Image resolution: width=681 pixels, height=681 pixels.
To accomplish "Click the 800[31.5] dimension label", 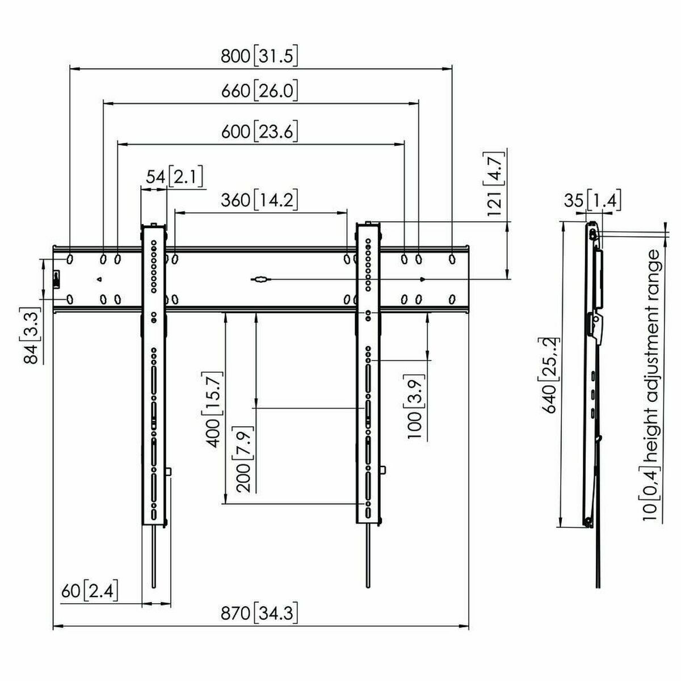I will coord(260,56).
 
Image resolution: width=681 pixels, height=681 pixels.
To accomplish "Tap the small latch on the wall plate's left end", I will coord(56,279).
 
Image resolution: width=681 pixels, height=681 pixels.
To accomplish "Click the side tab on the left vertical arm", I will coord(170,471).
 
